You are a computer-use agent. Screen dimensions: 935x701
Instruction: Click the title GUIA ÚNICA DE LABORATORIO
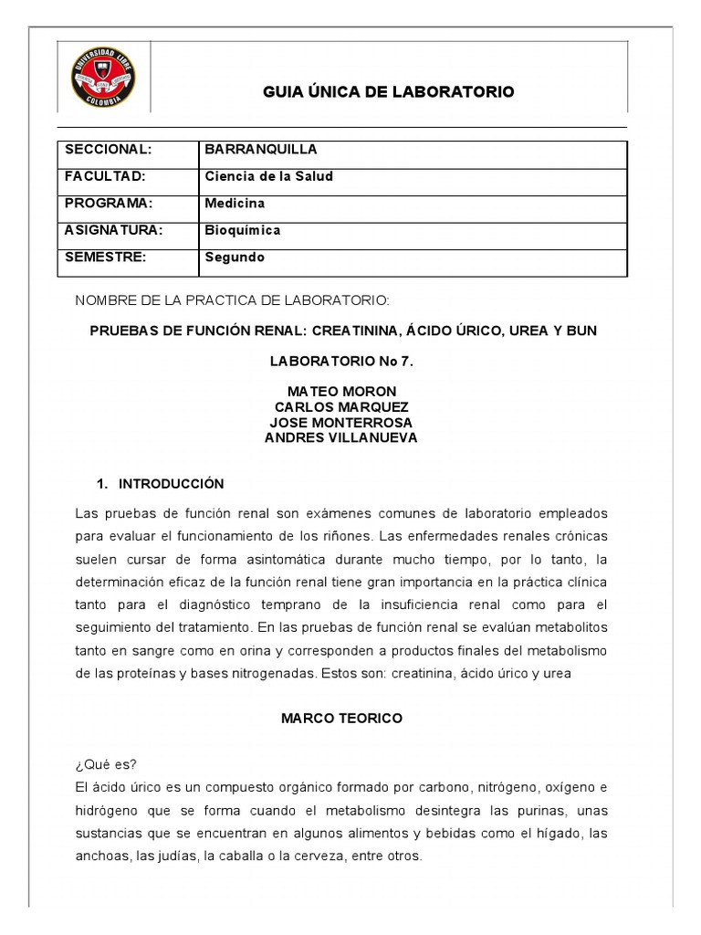(388, 92)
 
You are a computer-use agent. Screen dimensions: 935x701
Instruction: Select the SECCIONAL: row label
(107, 150)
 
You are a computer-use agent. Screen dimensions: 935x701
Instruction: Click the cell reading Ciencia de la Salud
(268, 176)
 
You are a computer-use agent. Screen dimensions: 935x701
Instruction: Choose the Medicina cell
(235, 204)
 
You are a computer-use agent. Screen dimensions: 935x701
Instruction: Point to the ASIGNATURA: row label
(113, 230)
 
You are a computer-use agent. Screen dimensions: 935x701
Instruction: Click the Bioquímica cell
(242, 230)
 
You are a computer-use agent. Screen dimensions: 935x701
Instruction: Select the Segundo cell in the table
(235, 257)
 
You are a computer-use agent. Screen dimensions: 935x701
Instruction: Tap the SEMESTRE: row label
(106, 257)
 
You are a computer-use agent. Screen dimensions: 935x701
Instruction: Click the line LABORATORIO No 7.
(341, 362)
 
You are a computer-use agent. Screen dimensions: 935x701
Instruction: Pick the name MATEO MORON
(341, 392)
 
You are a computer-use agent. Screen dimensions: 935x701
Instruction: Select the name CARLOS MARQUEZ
(341, 407)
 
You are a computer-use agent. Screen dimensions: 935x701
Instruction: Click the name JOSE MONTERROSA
(341, 423)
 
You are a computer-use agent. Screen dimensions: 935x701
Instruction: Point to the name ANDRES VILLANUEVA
(341, 438)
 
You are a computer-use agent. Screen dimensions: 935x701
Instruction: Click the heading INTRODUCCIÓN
(171, 484)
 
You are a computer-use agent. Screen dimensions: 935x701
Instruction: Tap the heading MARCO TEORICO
(341, 719)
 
